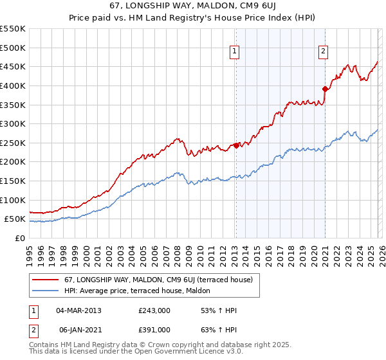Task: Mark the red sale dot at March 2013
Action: (x=236, y=145)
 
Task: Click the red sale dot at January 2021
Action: (x=325, y=89)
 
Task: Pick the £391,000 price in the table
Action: (x=154, y=329)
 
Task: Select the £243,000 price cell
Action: (x=154, y=310)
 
